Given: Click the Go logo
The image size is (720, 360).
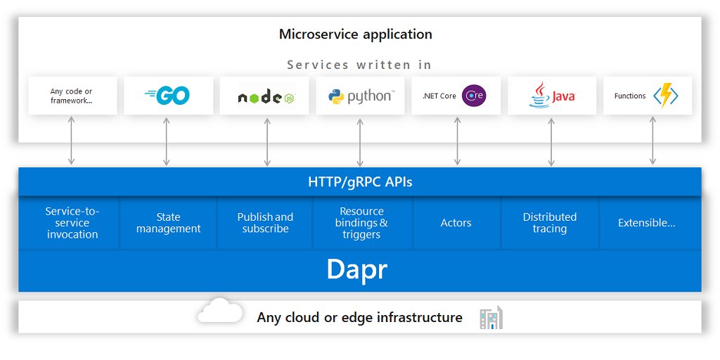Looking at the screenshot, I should (167, 96).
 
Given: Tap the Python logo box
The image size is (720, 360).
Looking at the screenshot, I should (360, 96).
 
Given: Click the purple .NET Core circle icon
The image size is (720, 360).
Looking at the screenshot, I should (474, 96).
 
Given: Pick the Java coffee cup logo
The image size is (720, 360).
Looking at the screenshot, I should (539, 96).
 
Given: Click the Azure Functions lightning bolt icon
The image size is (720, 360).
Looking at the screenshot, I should (665, 96).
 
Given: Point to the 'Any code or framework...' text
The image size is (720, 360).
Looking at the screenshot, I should (71, 96).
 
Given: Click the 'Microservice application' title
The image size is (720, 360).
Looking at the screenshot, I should (355, 34).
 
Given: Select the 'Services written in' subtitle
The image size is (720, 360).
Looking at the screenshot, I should (359, 65).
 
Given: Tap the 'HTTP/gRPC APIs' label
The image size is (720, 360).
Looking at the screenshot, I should (360, 182).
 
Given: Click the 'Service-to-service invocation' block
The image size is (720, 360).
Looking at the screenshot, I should (72, 223).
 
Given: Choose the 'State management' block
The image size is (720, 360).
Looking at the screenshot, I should (168, 223).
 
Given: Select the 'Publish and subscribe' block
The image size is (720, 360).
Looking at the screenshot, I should (265, 223).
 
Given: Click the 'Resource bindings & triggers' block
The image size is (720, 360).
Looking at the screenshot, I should (361, 223).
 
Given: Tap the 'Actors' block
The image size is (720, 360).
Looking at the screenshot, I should (456, 223).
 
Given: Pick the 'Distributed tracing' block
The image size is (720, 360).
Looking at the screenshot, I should (549, 223).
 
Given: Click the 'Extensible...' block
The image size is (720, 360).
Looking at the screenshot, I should (646, 223).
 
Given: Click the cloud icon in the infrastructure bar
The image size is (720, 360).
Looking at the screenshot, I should (219, 311).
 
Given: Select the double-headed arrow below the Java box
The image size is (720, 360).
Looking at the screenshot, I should (551, 141).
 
